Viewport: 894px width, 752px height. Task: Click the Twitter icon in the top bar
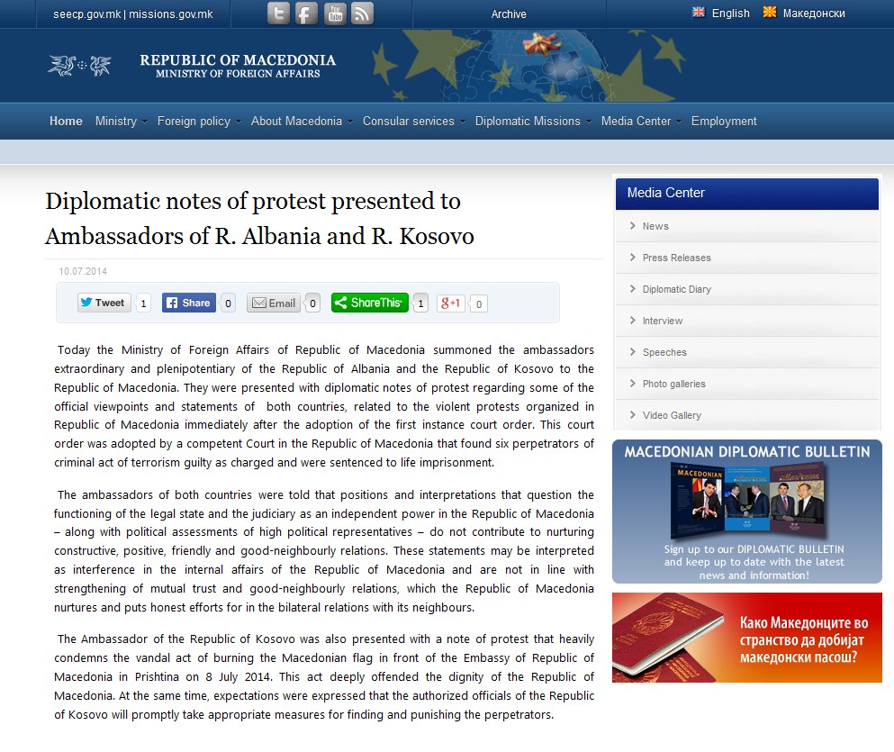(279, 14)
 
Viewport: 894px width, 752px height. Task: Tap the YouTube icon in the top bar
(335, 14)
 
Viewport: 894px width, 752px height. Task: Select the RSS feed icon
(362, 14)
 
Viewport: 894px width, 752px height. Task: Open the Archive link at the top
(509, 14)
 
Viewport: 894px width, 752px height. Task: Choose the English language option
(730, 14)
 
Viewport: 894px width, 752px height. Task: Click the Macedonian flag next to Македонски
(770, 13)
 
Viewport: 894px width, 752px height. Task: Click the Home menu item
(66, 122)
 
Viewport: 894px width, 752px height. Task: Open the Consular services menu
(409, 122)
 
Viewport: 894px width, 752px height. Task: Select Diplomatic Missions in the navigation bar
(528, 122)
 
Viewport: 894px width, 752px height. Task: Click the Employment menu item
(724, 122)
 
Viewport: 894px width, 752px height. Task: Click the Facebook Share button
(189, 303)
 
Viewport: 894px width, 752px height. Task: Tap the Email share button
(274, 304)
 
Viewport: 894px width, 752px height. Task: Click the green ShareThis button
(370, 303)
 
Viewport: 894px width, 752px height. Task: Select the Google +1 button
(451, 304)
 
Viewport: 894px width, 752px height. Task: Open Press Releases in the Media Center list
(676, 258)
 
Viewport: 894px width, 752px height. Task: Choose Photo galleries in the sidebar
(673, 384)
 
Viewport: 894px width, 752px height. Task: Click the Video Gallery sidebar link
(672, 415)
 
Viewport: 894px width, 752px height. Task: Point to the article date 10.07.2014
(83, 271)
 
